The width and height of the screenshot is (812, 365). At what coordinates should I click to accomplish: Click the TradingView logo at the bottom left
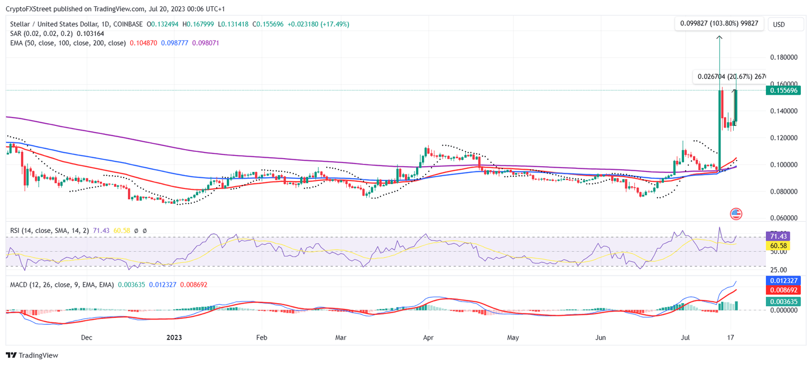pyautogui.click(x=32, y=355)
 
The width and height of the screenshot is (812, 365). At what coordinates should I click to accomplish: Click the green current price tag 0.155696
pyautogui.click(x=785, y=90)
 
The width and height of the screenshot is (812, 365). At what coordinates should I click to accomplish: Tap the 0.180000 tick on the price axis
pyautogui.click(x=785, y=57)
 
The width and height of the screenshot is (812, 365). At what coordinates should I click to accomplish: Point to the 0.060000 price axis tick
pyautogui.click(x=785, y=218)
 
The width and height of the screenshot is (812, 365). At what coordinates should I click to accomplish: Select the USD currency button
pyautogui.click(x=779, y=24)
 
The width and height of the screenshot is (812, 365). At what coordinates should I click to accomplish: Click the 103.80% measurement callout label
pyautogui.click(x=719, y=24)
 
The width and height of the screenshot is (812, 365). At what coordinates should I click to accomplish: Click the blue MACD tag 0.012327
pyautogui.click(x=785, y=280)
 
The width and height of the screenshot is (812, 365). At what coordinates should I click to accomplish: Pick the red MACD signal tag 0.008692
pyautogui.click(x=785, y=290)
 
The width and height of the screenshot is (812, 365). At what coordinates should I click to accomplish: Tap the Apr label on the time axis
pyautogui.click(x=428, y=336)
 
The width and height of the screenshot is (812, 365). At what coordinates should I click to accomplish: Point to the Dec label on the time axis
pyautogui.click(x=87, y=336)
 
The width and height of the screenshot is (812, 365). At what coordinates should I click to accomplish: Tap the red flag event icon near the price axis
pyautogui.click(x=736, y=214)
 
